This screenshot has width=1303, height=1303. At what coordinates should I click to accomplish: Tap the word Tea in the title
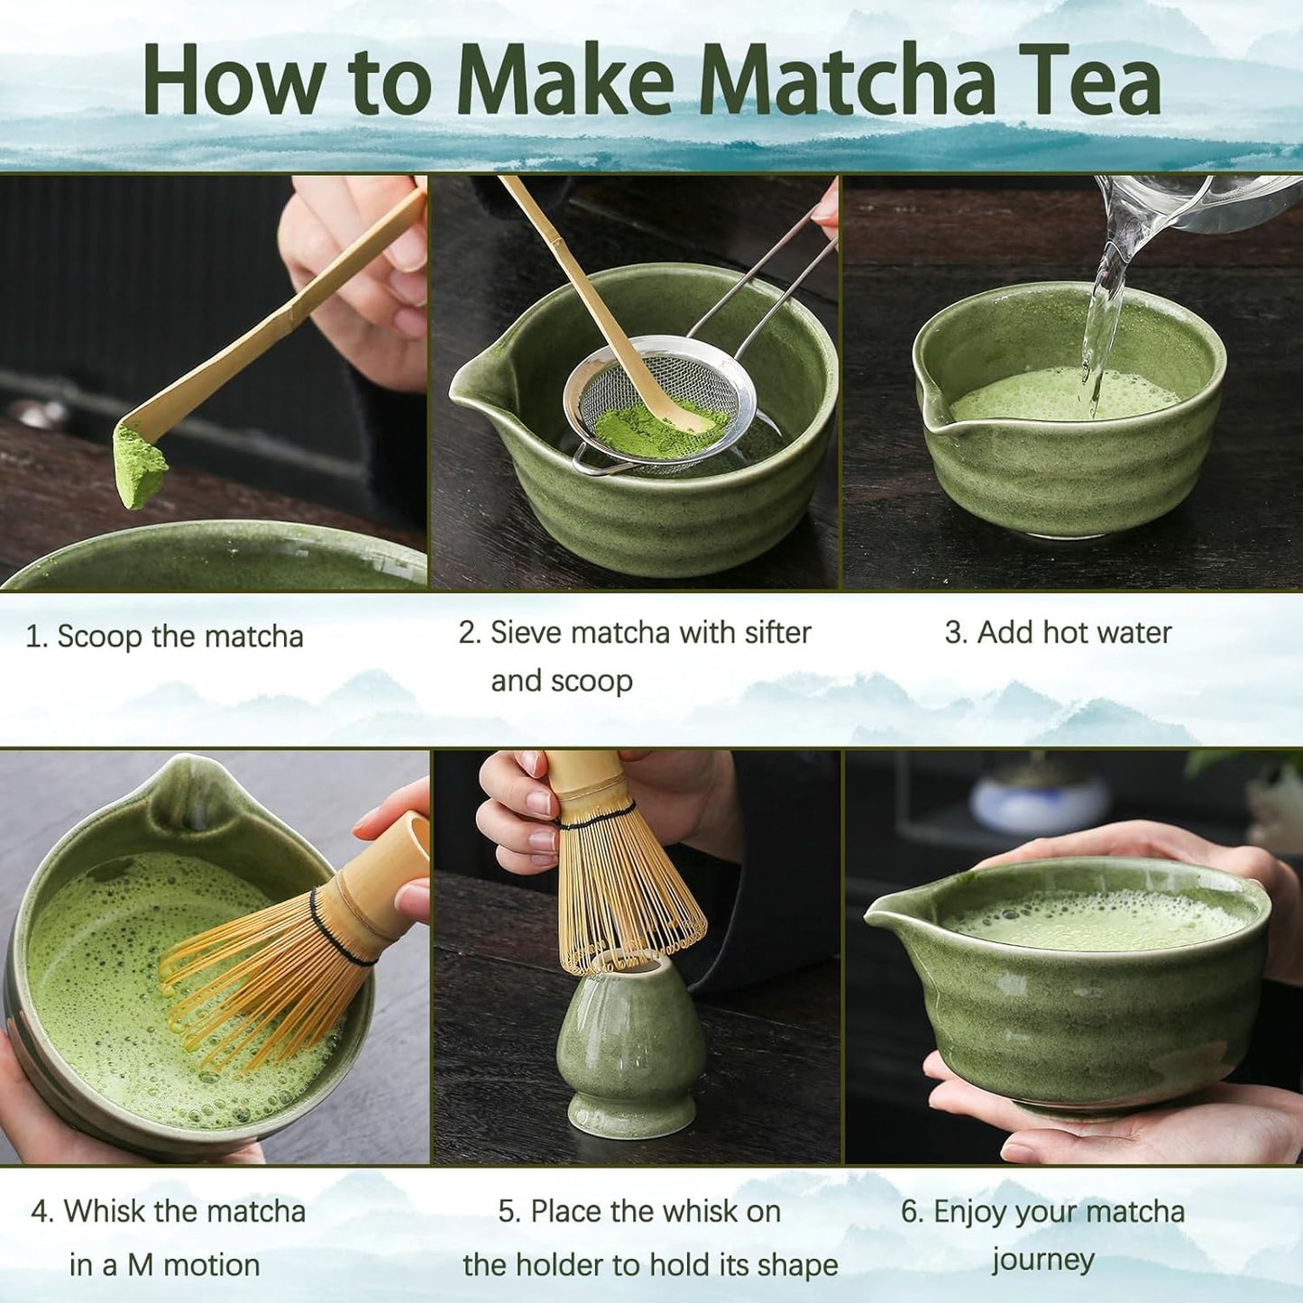(1088, 81)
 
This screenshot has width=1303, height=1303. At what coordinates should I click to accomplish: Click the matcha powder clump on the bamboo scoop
(140, 464)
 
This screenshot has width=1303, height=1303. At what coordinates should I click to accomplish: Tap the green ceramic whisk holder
(631, 1051)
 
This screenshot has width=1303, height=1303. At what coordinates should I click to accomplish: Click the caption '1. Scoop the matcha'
(164, 637)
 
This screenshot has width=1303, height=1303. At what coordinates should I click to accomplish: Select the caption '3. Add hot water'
(1058, 633)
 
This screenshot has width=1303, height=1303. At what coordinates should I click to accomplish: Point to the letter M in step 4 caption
(139, 1265)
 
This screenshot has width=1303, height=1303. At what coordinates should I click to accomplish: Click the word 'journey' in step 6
(1043, 1261)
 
